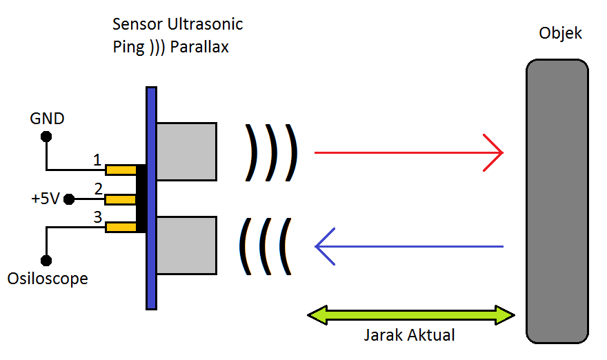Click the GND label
coord(47,119)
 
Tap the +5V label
coord(46,199)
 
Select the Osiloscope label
coord(48,279)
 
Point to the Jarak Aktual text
coord(409,336)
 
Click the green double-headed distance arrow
coord(411,316)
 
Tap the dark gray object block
coord(557,200)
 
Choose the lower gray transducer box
coord(186,246)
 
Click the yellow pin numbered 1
coord(121,170)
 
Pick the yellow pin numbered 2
coord(121,199)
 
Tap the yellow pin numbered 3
coord(121,227)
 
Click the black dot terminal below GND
coord(46,137)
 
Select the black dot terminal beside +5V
coord(68,199)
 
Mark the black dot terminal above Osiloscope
coord(46,261)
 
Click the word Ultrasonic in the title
coord(205,24)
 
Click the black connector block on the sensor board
coord(141,199)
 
